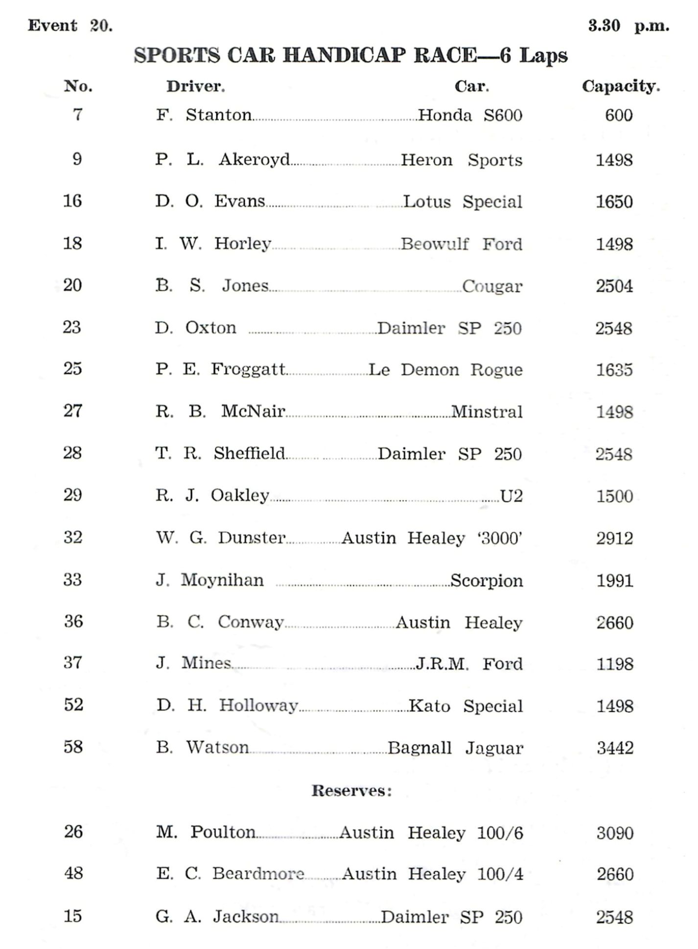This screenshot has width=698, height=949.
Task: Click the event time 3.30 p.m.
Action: pyautogui.click(x=628, y=26)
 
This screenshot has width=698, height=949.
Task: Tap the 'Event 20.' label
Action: pyautogui.click(x=70, y=25)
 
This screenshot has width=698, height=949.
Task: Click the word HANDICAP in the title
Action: pyautogui.click(x=344, y=56)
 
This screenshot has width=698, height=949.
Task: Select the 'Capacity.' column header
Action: pyautogui.click(x=620, y=87)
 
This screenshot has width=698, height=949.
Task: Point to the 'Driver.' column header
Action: pyautogui.click(x=195, y=87)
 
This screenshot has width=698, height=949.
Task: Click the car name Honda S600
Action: pyautogui.click(x=470, y=115)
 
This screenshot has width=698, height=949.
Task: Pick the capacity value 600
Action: pyautogui.click(x=619, y=115)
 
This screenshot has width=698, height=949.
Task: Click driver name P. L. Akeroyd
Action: pyautogui.click(x=223, y=159)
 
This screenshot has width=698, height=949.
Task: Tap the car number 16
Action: pyautogui.click(x=72, y=201)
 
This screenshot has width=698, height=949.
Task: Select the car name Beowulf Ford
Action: pyautogui.click(x=461, y=244)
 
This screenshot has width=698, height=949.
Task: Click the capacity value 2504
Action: pyautogui.click(x=614, y=286)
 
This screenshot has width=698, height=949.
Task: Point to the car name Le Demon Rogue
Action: pyautogui.click(x=445, y=370)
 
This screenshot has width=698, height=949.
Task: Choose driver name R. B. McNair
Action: pyautogui.click(x=220, y=411)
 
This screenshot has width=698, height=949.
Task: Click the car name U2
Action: pyautogui.click(x=512, y=496)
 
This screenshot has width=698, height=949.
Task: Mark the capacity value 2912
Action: pyautogui.click(x=614, y=538)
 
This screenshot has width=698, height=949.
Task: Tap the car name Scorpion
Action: pyautogui.click(x=486, y=581)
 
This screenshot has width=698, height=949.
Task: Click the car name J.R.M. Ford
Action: pyautogui.click(x=469, y=664)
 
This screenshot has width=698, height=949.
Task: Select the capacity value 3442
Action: pyautogui.click(x=615, y=748)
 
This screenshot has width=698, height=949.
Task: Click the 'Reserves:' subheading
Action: pyautogui.click(x=351, y=791)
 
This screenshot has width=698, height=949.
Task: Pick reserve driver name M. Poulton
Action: pyautogui.click(x=206, y=832)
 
